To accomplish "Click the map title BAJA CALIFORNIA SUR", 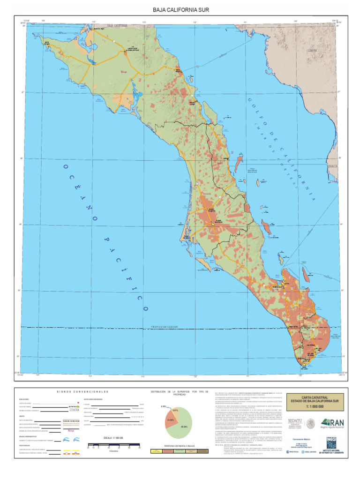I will [x=180, y=9].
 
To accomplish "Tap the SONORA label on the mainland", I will [x=312, y=50].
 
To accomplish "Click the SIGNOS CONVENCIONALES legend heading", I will [x=83, y=391].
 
